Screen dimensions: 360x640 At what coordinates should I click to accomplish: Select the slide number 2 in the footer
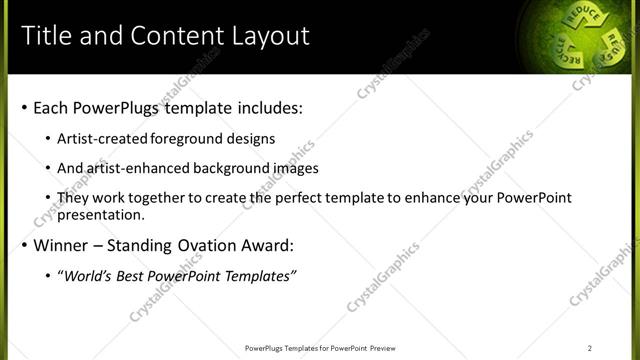590,348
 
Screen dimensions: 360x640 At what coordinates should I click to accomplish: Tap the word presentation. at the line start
101,214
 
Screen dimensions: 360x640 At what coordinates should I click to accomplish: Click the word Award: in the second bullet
268,245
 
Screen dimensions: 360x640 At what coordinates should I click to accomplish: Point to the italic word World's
87,276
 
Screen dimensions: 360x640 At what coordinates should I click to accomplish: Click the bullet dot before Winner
24,246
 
